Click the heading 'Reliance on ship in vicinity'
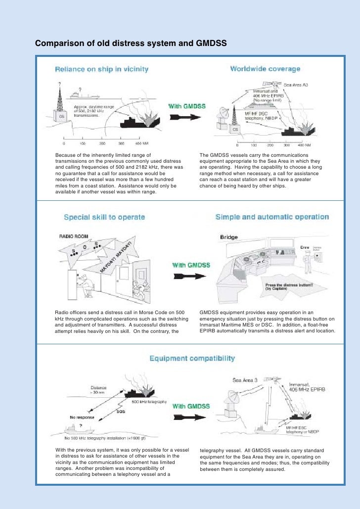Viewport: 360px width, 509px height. click(x=101, y=69)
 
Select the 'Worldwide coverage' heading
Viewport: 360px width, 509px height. click(x=265, y=69)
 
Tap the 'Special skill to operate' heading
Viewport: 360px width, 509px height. click(x=104, y=217)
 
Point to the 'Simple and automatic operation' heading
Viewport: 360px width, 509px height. click(x=272, y=217)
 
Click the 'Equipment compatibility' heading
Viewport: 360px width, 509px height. click(x=192, y=358)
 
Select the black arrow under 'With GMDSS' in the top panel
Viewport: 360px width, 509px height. click(x=184, y=117)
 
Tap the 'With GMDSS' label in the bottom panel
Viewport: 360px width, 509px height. click(x=191, y=406)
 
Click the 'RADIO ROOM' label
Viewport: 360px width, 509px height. click(x=74, y=236)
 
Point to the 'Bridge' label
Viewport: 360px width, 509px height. click(x=229, y=237)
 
